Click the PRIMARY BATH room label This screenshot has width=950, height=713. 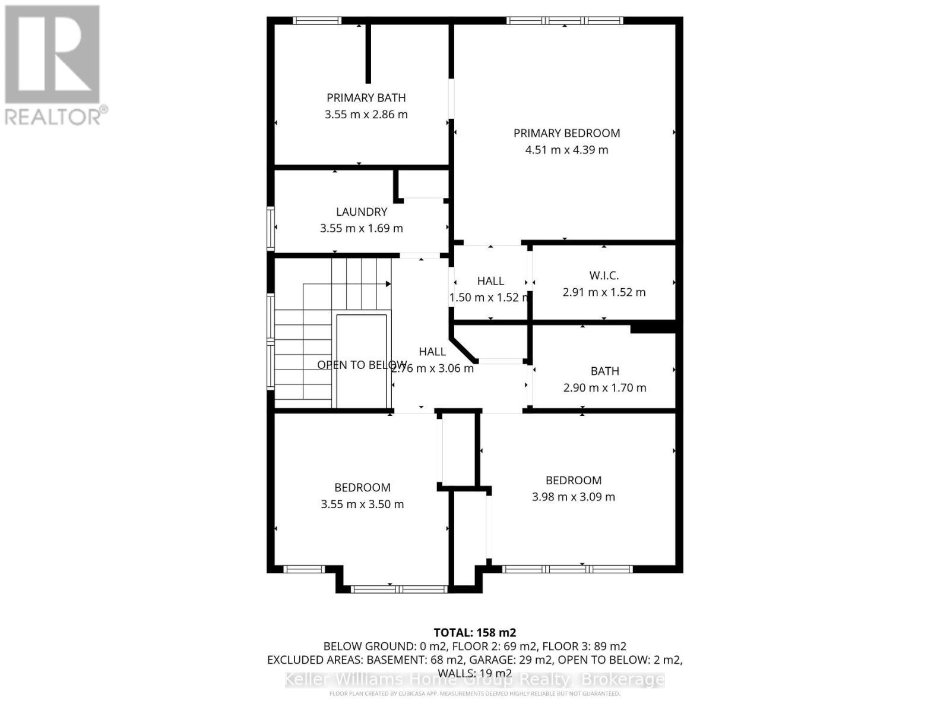click(366, 97)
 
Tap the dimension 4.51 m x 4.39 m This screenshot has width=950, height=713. click(566, 150)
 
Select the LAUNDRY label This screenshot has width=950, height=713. click(361, 212)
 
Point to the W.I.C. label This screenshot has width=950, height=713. click(604, 275)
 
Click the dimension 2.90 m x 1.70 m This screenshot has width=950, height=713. click(604, 387)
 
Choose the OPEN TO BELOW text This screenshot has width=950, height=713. click(361, 365)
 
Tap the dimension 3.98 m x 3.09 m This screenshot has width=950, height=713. click(573, 497)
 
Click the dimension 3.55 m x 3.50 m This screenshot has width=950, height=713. click(362, 504)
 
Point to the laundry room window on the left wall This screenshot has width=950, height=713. click(271, 228)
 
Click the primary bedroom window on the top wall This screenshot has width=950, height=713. click(564, 21)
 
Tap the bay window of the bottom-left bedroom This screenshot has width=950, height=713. click(398, 589)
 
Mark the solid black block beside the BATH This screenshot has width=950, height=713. click(653, 327)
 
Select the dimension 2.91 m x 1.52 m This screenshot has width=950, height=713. click(604, 292)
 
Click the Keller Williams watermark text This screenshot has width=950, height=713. click(474, 679)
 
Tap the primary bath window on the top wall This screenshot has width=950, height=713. click(317, 21)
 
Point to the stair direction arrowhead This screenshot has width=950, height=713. click(388, 284)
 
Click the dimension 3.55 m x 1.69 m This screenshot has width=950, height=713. click(361, 228)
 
